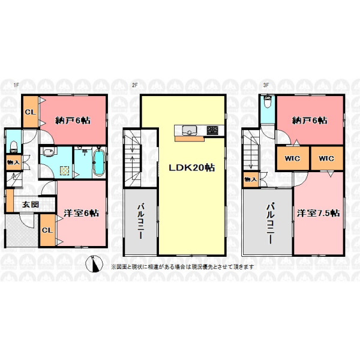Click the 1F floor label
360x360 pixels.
(16, 85)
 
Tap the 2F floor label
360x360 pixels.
(135, 85)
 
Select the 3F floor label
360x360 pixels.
(266, 85)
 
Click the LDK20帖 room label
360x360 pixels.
(192, 168)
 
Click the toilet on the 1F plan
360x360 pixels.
(14, 147)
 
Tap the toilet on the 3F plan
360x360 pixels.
(268, 101)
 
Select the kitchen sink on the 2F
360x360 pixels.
(190, 130)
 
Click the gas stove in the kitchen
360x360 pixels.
(212, 130)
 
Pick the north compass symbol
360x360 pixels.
(94, 264)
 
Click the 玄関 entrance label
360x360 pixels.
(31, 205)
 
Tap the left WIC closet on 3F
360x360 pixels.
(292, 158)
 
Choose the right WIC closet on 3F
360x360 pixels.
(326, 158)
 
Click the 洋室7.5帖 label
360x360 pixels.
(319, 213)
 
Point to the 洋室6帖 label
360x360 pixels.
(81, 213)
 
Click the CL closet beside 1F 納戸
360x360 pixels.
(31, 112)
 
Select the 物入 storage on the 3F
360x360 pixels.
(251, 179)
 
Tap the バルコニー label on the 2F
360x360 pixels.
(140, 221)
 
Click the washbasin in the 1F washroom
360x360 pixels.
(48, 152)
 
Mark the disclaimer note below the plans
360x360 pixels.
(182, 266)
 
